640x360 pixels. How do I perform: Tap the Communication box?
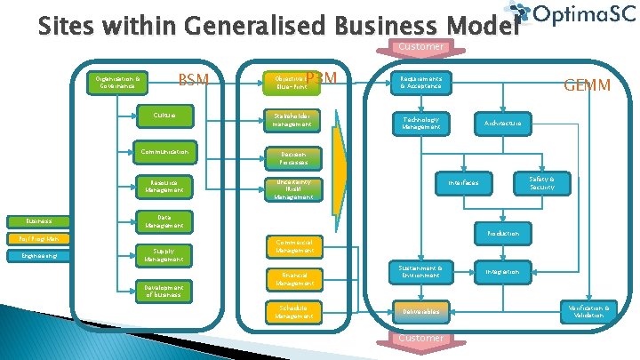click(164, 153)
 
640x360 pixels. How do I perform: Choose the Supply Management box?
click(164, 255)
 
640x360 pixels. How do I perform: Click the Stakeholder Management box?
click(293, 119)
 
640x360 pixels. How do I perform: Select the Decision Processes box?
click(293, 159)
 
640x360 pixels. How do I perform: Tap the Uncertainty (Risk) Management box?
click(293, 191)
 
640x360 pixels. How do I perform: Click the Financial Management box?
click(293, 279)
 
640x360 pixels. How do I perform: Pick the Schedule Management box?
click(293, 311)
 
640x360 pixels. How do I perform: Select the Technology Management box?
click(420, 123)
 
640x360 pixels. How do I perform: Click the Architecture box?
click(503, 123)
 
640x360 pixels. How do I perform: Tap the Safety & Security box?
click(541, 183)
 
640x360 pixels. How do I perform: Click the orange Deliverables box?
click(420, 311)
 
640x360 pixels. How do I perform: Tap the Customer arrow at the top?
click(421, 47)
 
